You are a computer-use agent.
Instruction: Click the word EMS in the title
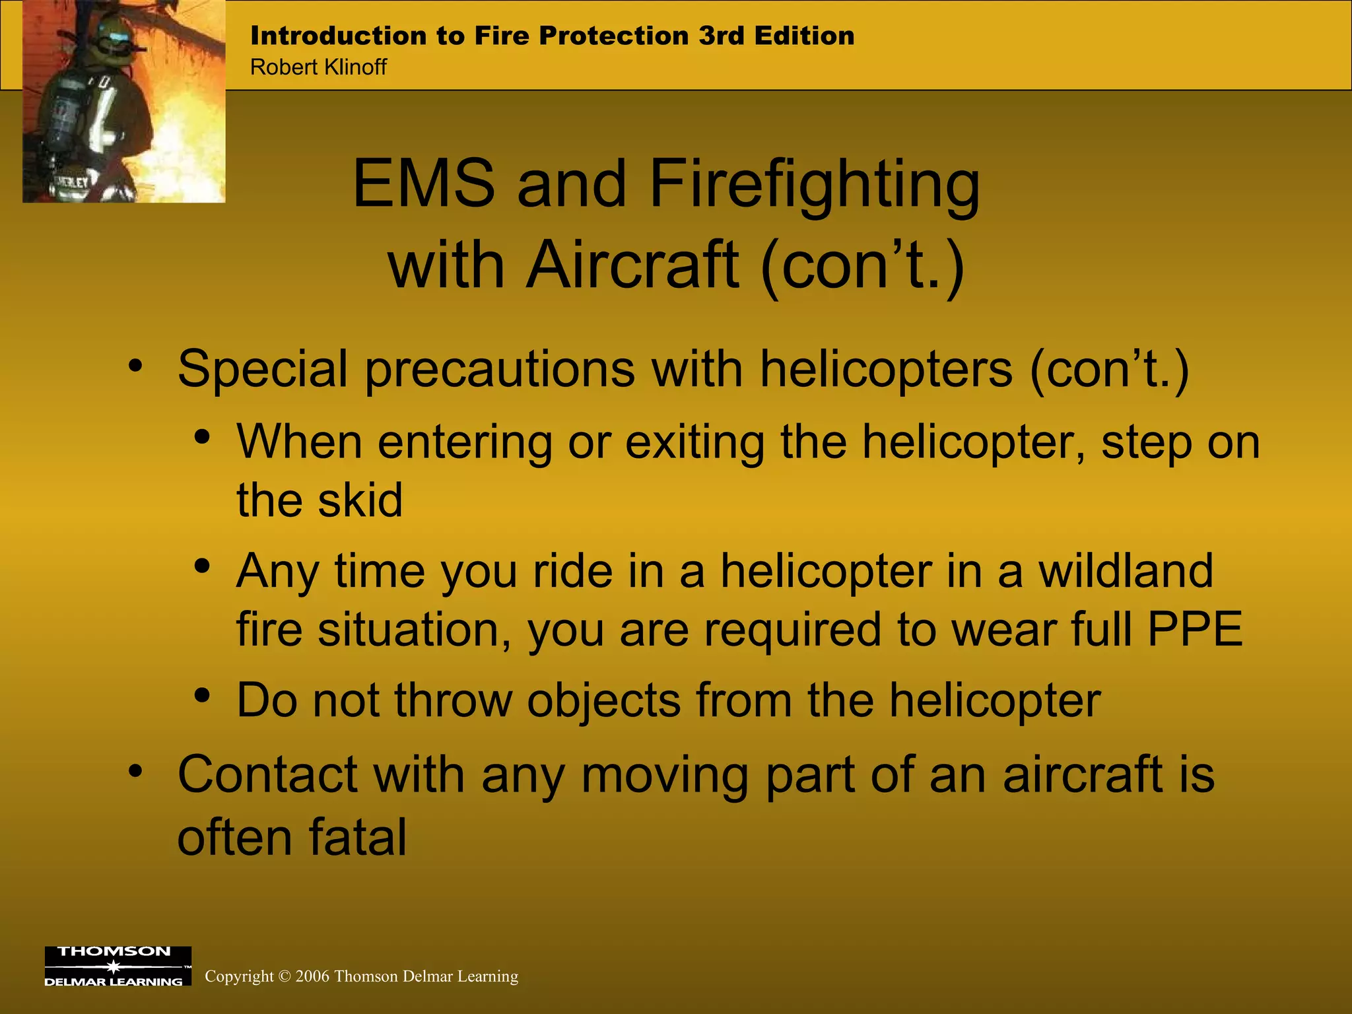tap(423, 184)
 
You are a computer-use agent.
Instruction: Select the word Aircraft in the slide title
tap(632, 265)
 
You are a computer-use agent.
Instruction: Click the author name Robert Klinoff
tap(318, 67)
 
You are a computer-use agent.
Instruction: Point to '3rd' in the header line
tap(722, 36)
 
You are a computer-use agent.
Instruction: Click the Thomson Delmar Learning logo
tap(118, 966)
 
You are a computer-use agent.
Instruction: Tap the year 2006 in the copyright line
tap(312, 976)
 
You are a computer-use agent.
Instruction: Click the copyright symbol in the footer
tap(285, 976)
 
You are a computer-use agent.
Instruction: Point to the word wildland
tap(1126, 570)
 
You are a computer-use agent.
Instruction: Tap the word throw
tap(453, 700)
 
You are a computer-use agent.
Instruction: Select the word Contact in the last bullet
tap(267, 774)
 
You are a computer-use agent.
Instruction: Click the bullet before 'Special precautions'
tap(135, 365)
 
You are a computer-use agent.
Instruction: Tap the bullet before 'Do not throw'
tap(202, 696)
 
